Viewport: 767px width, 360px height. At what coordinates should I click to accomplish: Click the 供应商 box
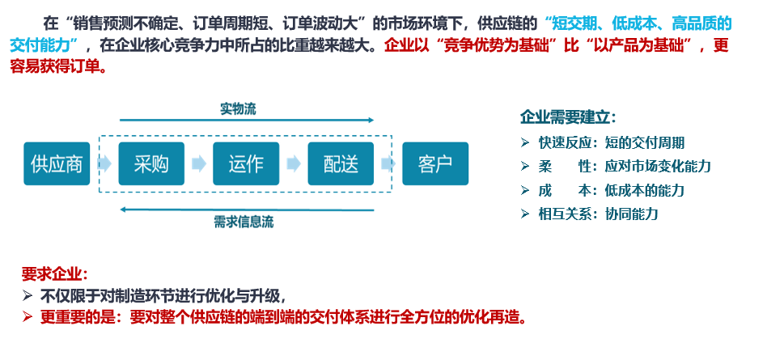click(x=57, y=163)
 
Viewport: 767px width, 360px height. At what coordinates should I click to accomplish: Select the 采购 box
click(x=151, y=163)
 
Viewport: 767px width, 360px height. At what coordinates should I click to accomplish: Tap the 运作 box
click(x=246, y=163)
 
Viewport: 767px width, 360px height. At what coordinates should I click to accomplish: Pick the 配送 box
click(x=341, y=163)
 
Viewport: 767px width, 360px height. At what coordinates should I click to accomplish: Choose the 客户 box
click(x=435, y=163)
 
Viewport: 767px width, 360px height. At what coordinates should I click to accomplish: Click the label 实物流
click(x=238, y=109)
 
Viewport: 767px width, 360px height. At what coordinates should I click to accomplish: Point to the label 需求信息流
click(x=244, y=222)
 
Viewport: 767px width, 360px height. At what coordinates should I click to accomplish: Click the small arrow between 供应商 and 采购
click(x=104, y=164)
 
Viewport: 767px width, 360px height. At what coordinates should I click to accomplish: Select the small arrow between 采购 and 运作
click(x=198, y=164)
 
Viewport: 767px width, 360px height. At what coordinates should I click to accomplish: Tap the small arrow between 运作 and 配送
click(x=294, y=164)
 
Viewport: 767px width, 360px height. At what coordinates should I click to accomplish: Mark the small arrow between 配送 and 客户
click(x=388, y=164)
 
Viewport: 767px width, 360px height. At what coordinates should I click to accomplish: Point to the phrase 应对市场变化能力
click(x=658, y=167)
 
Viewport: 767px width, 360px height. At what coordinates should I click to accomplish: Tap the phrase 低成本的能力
click(x=644, y=190)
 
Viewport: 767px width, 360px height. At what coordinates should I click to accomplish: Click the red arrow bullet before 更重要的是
click(x=28, y=317)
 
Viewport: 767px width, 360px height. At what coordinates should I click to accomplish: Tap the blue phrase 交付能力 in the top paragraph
click(x=40, y=45)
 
